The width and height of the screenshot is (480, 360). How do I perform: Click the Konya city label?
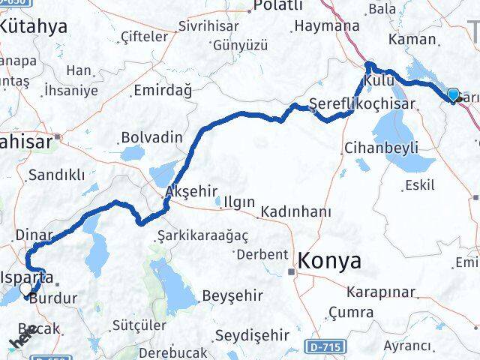coord(329,261)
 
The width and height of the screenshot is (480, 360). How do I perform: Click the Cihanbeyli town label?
coord(381,148)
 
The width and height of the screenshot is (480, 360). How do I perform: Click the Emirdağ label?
coord(162,90)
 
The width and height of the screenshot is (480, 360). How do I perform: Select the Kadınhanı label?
coord(295,212)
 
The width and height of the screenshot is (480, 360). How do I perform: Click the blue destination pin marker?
coord(454,94)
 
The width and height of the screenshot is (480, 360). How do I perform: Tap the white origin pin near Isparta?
coord(27,288)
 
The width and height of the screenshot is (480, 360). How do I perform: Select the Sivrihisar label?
coord(208,25)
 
